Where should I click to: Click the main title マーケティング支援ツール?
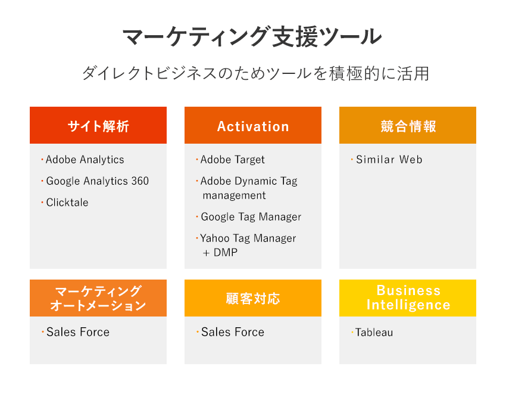252,36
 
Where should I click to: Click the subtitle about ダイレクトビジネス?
255,73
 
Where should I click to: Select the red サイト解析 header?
98,125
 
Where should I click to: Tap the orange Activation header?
253,125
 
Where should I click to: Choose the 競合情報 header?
408,125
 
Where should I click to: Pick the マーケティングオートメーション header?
98,298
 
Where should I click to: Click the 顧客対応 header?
253,298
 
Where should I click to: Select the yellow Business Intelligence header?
408,298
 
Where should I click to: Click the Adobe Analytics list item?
85,160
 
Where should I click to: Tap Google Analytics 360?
98,181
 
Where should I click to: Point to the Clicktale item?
67,202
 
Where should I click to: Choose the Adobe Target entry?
232,160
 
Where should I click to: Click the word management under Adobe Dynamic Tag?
235,196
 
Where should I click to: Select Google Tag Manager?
251,217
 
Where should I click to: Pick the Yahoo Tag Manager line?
248,238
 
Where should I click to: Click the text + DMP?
220,252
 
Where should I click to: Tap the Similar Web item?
389,160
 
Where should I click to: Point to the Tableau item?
374,332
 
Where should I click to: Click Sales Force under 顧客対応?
233,332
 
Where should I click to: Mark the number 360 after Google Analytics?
140,181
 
